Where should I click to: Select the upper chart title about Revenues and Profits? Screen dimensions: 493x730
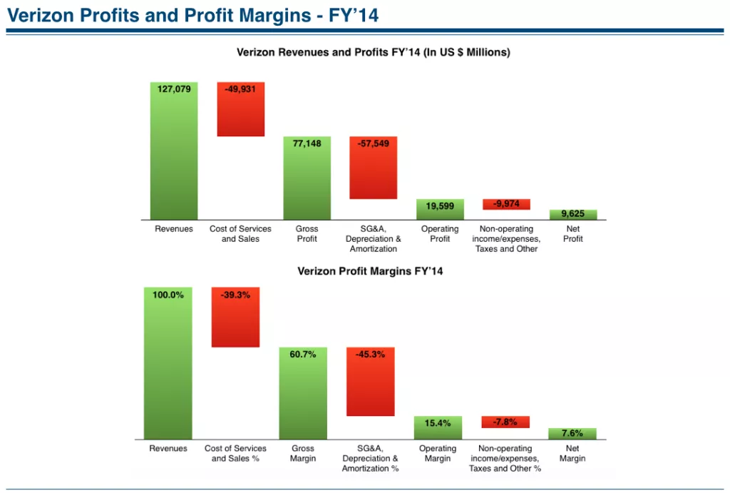373,52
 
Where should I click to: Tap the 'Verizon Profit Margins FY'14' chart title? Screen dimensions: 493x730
370,271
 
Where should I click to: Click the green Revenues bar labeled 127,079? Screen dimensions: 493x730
174,151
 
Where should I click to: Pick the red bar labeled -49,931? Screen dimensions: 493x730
240,109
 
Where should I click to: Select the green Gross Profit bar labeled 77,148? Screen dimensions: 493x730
307,178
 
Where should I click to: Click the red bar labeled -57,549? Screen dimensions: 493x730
373,168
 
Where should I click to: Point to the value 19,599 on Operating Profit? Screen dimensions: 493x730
440,206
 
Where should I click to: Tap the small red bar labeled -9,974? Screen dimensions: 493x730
506,204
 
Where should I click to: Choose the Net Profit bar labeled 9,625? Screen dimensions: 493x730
573,214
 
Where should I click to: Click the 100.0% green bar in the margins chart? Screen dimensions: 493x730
168,362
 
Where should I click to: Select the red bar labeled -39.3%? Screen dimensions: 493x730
235,317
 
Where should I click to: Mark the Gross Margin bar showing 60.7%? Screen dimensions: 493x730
303,392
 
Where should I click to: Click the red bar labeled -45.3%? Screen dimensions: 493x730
370,382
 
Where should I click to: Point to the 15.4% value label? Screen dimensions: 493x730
438,423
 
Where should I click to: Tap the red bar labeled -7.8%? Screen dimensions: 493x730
505,422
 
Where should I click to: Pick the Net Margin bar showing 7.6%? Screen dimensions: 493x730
572,433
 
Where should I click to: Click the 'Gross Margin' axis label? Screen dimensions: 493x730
303,453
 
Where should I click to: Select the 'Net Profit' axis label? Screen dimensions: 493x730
573,234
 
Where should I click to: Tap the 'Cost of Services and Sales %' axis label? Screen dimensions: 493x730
235,453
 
